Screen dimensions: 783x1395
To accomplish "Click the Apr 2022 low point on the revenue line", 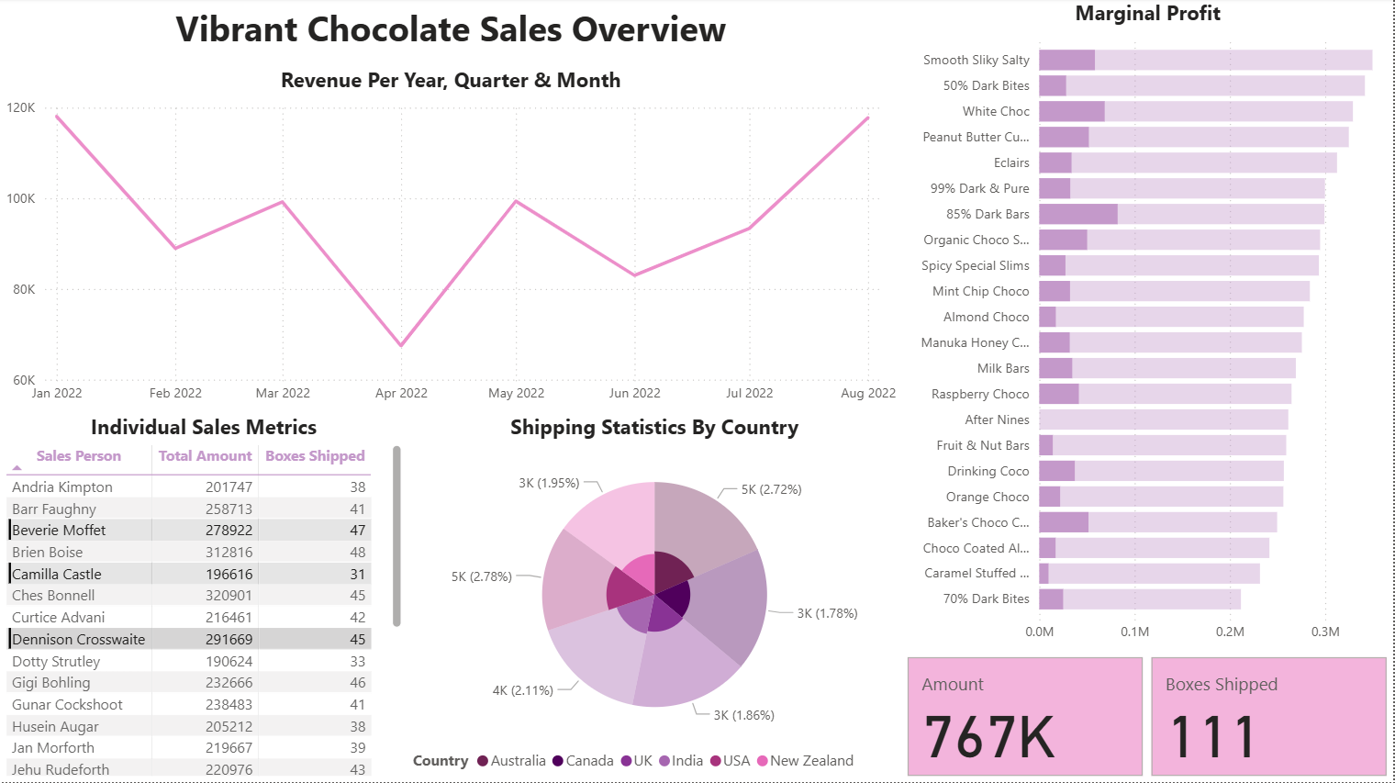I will tap(401, 346).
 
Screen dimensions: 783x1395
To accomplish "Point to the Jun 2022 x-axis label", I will tap(634, 393).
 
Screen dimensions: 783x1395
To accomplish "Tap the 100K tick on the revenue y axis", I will tap(21, 198).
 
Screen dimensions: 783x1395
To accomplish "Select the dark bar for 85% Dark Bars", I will tap(1078, 214).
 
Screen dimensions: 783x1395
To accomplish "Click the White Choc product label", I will tap(996, 111).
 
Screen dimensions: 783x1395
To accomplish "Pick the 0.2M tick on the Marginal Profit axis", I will tap(1230, 632).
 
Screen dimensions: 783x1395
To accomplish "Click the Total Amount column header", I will tap(205, 456).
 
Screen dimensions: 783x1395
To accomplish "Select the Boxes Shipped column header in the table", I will tap(315, 456).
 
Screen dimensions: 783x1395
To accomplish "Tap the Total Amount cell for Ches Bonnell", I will tap(229, 596).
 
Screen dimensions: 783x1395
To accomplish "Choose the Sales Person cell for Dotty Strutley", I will tap(56, 661).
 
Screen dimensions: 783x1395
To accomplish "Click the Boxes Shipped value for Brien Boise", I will tap(357, 553).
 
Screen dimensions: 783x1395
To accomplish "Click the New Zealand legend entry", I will tap(811, 761).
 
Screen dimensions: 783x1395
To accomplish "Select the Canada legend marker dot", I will tap(558, 761).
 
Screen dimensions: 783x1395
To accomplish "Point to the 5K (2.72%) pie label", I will tap(771, 490).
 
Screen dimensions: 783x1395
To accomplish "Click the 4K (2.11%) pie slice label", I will tap(522, 690).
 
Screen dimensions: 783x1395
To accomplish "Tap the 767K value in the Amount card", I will tap(989, 737).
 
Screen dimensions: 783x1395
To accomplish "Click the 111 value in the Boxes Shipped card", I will tap(1213, 737).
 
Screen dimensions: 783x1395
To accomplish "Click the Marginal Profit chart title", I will tap(1147, 14).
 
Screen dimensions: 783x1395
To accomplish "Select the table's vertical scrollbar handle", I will tap(396, 536).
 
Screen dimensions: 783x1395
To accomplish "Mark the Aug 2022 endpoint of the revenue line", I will tap(868, 117).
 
